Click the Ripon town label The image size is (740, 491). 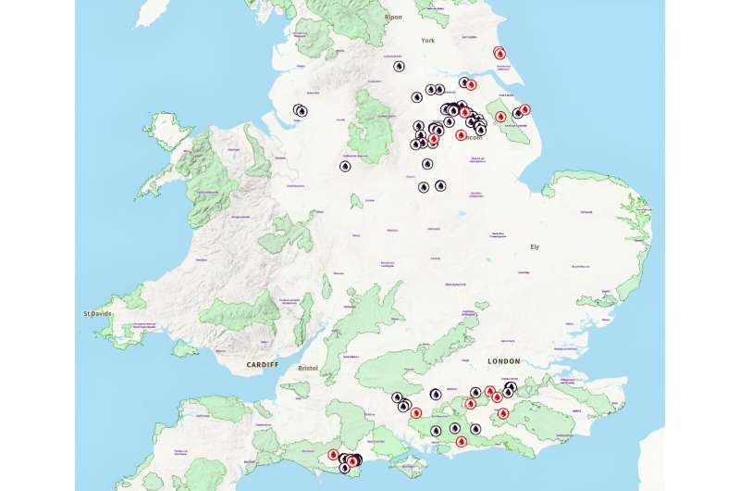(x=393, y=17)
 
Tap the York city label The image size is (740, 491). (x=427, y=41)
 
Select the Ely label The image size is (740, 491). (x=534, y=246)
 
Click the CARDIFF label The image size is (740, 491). (x=262, y=365)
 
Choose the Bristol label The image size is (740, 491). (x=309, y=368)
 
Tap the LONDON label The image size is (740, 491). (x=504, y=360)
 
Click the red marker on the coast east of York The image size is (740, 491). (x=500, y=54)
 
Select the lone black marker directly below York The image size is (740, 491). (x=399, y=67)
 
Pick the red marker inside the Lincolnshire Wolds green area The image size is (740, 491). (x=500, y=118)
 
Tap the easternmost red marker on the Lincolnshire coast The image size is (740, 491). (x=524, y=110)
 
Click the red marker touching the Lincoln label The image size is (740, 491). (x=461, y=134)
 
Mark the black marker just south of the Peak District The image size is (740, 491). (x=345, y=167)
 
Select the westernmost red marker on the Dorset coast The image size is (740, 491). (x=333, y=455)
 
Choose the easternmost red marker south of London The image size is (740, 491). (x=503, y=413)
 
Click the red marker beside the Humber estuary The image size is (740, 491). (x=471, y=84)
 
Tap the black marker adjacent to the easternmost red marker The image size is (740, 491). (x=517, y=114)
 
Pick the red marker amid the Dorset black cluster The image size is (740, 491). (x=352, y=460)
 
